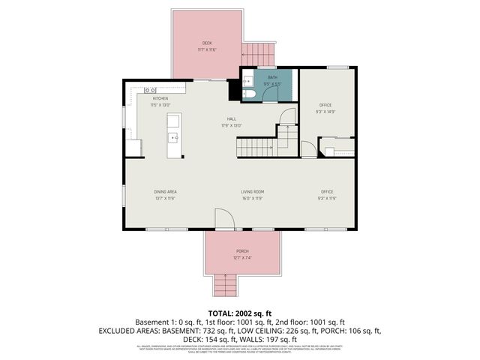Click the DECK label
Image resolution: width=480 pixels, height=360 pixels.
[207, 43]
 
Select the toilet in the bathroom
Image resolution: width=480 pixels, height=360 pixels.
[252, 93]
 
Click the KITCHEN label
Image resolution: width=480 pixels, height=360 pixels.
[160, 98]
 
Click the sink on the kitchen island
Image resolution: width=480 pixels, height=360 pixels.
[172, 137]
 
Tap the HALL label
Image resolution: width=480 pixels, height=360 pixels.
[232, 118]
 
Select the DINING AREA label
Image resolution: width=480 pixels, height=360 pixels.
[164, 192]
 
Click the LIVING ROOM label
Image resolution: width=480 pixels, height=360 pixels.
[253, 192]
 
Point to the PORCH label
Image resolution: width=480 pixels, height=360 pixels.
[242, 250]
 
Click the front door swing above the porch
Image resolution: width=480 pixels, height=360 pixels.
[223, 219]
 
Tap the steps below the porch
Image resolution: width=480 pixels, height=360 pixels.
[224, 285]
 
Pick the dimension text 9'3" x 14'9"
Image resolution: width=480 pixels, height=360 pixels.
[325, 111]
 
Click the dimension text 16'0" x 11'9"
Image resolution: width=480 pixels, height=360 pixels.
[253, 199]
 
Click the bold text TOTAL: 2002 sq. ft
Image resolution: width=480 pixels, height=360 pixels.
[240, 312]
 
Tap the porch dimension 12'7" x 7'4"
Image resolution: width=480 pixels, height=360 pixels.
[242, 257]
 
